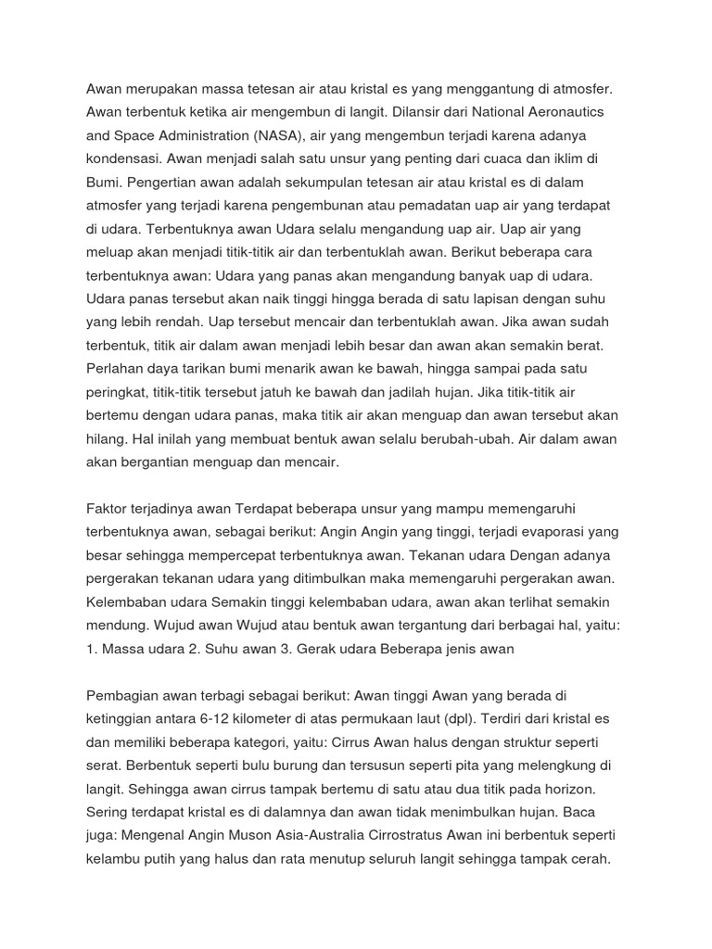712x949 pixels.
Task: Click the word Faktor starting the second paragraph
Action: click(x=108, y=509)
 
